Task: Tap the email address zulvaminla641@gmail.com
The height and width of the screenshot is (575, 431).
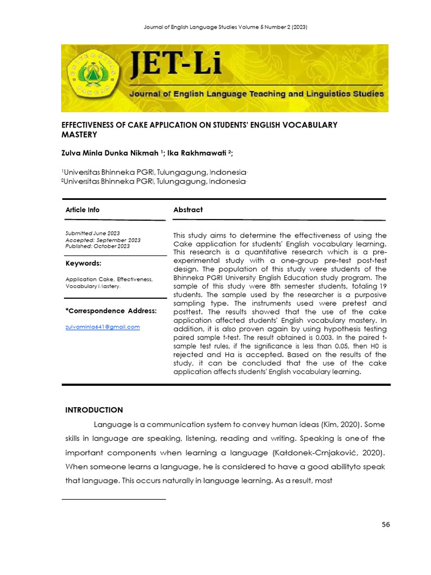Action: (103, 326)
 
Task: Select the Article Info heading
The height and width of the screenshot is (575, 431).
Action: (82, 209)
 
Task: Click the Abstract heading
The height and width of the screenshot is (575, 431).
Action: (188, 209)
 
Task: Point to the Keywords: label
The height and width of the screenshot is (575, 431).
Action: (84, 263)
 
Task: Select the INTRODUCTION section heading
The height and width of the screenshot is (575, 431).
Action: (94, 410)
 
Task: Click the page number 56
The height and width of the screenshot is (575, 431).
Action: (386, 524)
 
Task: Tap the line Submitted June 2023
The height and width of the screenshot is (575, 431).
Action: (93, 233)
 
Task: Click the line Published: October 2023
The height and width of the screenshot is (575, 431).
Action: (98, 246)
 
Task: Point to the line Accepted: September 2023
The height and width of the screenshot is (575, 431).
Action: (103, 240)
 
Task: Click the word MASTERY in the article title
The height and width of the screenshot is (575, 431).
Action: (79, 135)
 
